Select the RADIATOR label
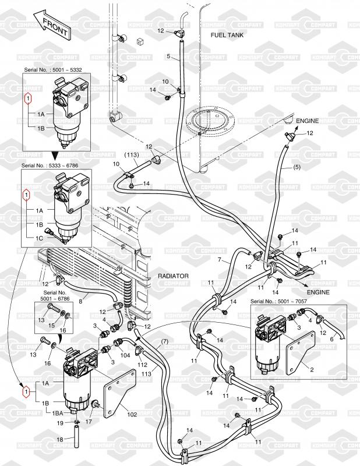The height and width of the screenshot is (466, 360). pyautogui.click(x=175, y=277)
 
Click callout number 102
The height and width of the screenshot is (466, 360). pyautogui.click(x=132, y=415)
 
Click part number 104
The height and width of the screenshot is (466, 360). pyautogui.click(x=125, y=353)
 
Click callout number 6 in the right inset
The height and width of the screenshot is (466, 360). pyautogui.click(x=332, y=338)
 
